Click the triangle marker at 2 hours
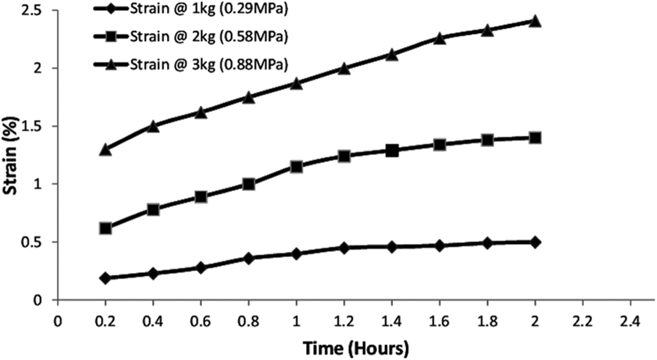coord(535,22)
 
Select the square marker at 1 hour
coord(296,167)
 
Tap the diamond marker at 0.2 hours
coord(105,278)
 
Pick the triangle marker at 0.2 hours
coord(105,150)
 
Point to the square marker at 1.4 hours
coord(392,151)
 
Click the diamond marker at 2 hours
coord(535,242)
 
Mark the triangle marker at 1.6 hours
coord(439,38)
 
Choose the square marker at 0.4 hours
coord(153,210)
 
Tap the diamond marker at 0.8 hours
coord(249,258)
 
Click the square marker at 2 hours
coord(535,138)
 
